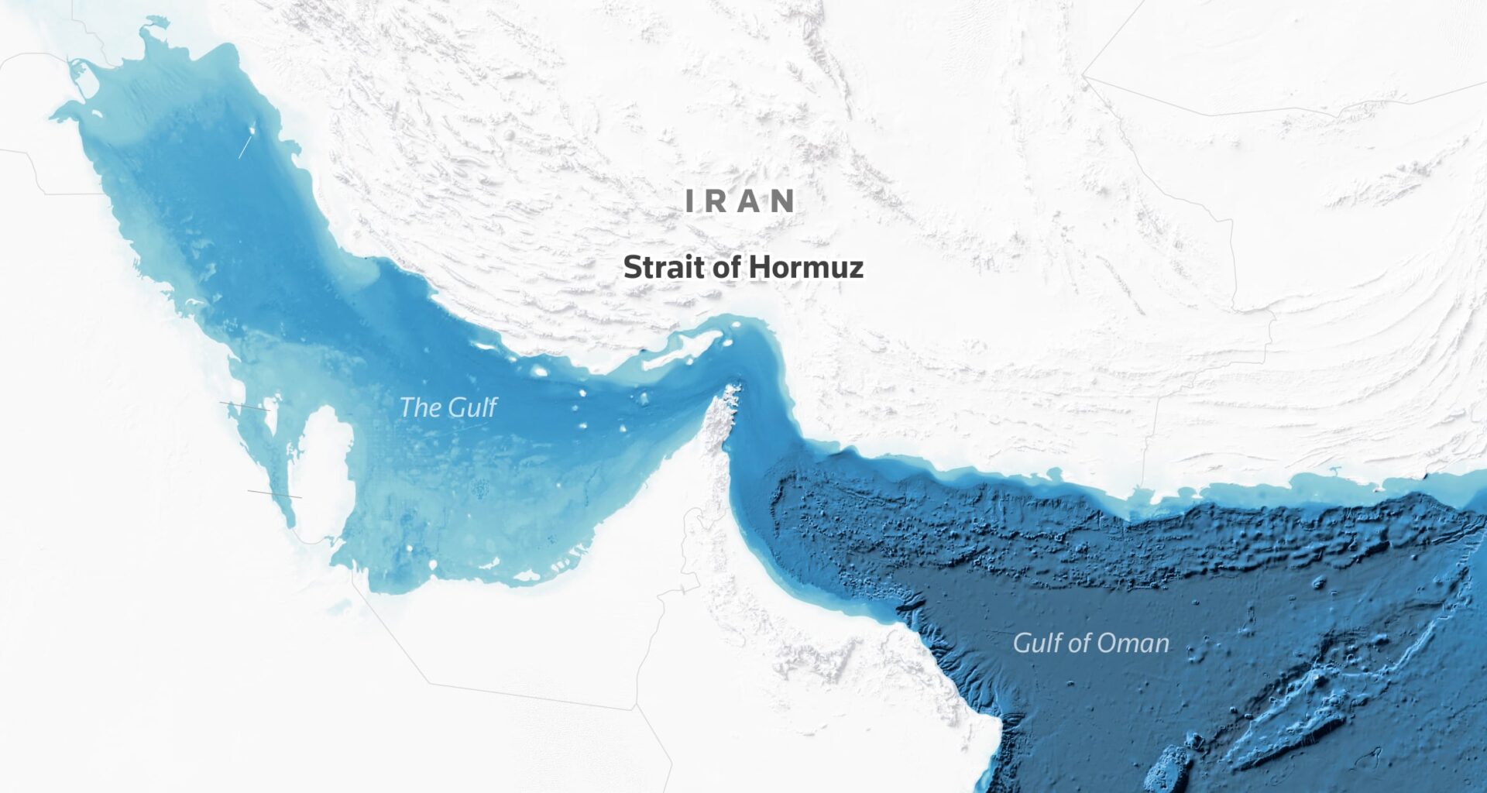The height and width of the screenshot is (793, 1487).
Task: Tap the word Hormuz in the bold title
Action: click(x=805, y=267)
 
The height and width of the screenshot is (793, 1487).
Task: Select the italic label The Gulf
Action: click(x=448, y=407)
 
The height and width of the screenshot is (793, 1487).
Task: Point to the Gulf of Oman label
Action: click(x=1090, y=643)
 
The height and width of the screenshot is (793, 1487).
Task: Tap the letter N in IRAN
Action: click(x=783, y=201)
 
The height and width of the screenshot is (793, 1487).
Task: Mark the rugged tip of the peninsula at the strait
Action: click(x=728, y=395)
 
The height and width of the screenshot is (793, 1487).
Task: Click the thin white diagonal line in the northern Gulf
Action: click(x=244, y=145)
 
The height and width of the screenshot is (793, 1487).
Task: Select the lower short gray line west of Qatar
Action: click(x=274, y=494)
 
